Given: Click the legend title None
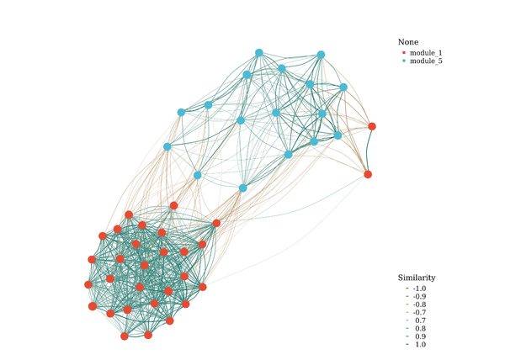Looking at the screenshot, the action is [408, 42].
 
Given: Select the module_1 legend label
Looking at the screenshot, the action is [426, 53].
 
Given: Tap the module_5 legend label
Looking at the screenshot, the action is [426, 61].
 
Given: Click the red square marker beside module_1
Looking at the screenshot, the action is [404, 52].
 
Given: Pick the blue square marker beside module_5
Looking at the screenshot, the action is [404, 61].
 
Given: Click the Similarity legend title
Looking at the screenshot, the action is [417, 278].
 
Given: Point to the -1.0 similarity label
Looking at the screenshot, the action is [419, 289].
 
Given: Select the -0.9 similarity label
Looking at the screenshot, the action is [419, 296].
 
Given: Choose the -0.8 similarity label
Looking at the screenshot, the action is [419, 304].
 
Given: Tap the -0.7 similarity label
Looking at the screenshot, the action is [419, 312].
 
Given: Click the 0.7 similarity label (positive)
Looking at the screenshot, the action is [420, 320].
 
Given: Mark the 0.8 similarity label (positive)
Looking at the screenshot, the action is [420, 329].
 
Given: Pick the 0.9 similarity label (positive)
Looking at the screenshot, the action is [420, 336].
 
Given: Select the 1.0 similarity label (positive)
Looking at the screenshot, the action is [420, 345].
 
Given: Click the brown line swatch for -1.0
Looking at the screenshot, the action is [407, 289].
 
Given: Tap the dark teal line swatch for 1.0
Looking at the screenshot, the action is [407, 345].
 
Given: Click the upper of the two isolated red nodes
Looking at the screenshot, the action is [372, 126].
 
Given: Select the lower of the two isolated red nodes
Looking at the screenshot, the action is [368, 174].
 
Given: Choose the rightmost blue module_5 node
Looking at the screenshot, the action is [343, 87].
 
